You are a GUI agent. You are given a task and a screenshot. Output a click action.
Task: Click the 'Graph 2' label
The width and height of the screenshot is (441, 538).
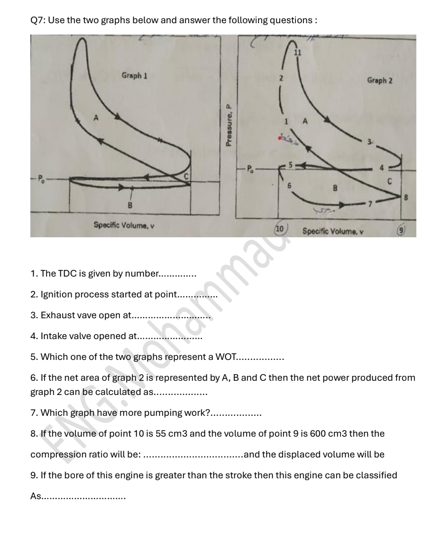[x=379, y=81]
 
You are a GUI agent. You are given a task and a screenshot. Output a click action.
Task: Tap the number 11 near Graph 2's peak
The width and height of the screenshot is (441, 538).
[x=297, y=53]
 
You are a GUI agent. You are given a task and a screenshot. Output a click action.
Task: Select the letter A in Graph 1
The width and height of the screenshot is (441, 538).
[x=95, y=119]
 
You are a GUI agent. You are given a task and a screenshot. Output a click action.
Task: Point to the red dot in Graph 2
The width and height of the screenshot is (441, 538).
[x=281, y=138]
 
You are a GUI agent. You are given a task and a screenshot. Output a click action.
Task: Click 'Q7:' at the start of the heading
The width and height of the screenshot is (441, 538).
[x=37, y=20]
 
